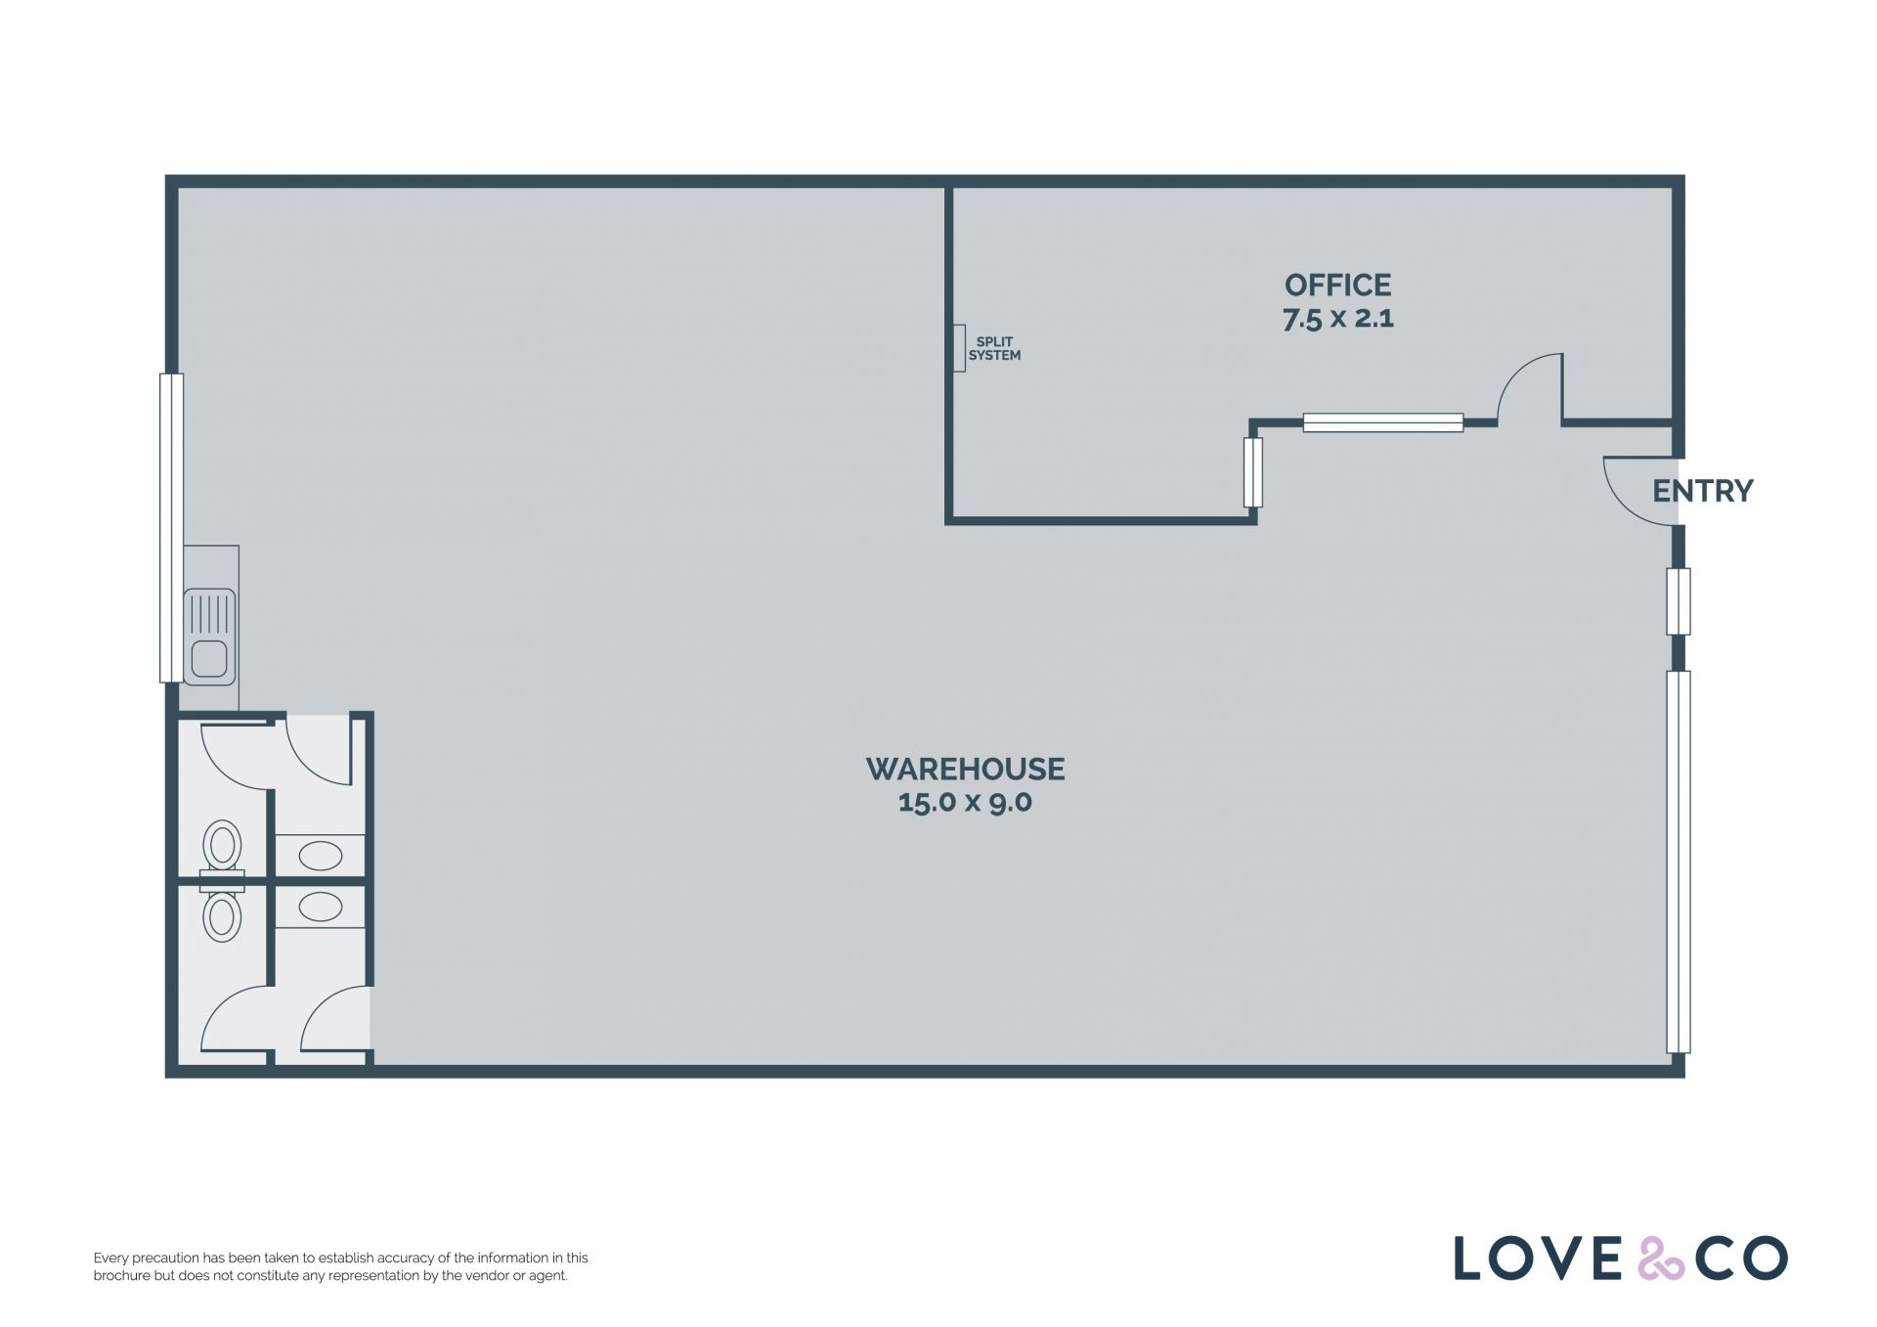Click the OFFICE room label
[x=1337, y=285]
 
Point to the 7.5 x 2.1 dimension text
[x=1337, y=319]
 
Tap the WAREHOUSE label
[x=965, y=769]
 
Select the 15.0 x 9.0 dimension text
[x=965, y=802]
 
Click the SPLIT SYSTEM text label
[x=994, y=349]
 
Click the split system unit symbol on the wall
[x=959, y=348]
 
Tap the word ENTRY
[x=1702, y=491]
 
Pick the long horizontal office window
[x=1383, y=422]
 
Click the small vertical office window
[x=1252, y=472]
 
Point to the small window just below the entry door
[x=1678, y=601]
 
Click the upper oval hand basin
[x=320, y=857]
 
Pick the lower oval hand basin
[x=320, y=907]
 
